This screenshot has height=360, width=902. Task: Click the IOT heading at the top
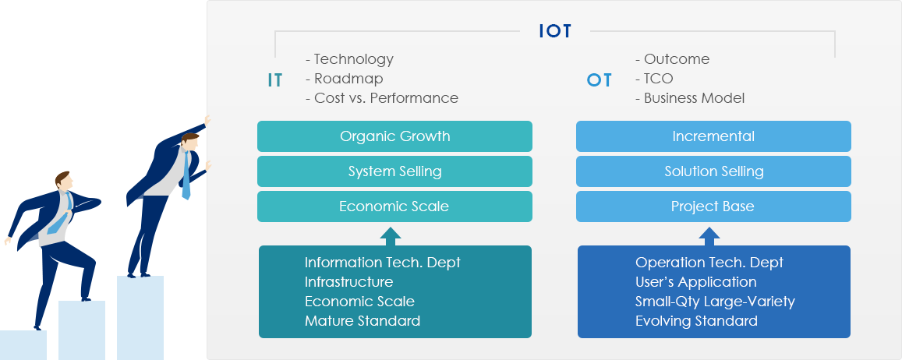coord(555,31)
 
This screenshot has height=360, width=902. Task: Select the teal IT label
coord(275,80)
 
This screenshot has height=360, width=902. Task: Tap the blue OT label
coord(599,80)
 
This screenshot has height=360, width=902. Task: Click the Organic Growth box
coord(394,136)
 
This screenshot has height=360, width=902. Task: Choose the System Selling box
coord(394,171)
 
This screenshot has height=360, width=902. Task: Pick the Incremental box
coord(713,136)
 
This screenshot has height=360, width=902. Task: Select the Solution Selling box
coord(713,171)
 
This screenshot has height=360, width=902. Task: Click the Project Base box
coord(713,206)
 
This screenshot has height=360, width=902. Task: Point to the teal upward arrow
coord(391,236)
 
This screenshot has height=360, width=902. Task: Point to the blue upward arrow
coord(709,236)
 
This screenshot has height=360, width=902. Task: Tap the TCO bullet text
coord(654,79)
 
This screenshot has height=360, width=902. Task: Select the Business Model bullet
coord(690,98)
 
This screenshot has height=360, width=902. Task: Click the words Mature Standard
coord(363,321)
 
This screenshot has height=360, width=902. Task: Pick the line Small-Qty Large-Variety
coord(715,302)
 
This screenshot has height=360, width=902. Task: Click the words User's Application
coord(696,282)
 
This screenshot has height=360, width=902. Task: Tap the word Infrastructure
coord(349,282)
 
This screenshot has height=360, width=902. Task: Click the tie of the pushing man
coord(186,175)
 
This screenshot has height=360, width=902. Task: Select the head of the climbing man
coord(63,182)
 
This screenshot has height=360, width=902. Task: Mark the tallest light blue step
coord(140,318)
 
